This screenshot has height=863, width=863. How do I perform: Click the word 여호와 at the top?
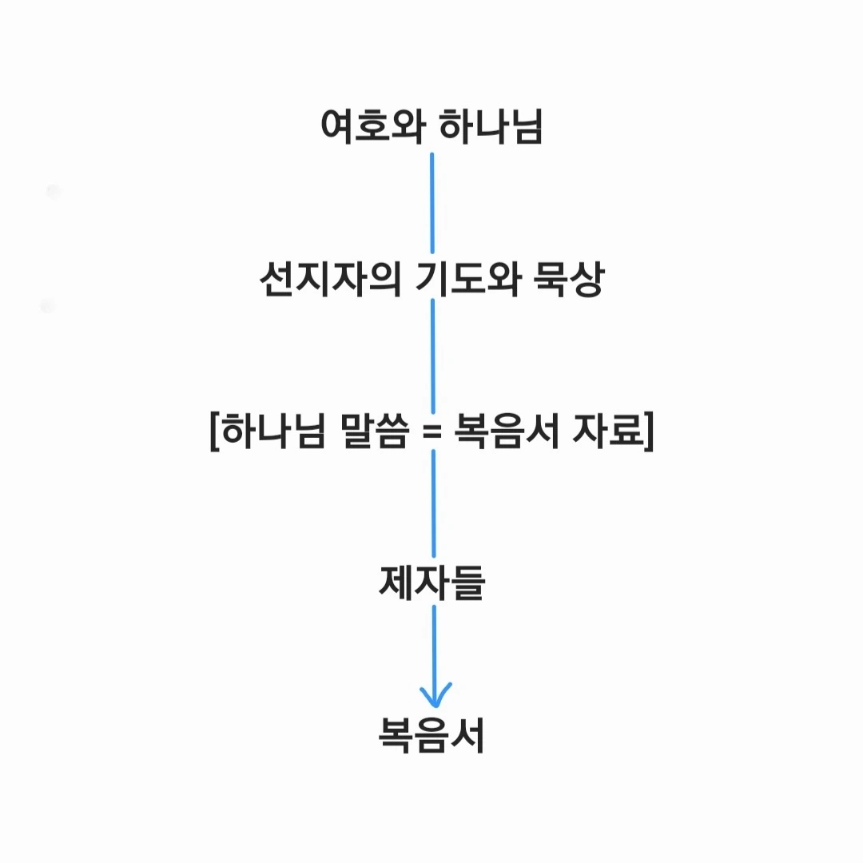pos(370,127)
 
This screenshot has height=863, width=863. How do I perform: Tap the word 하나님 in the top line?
pos(491,127)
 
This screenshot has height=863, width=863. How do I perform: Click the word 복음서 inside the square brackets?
pos(505,432)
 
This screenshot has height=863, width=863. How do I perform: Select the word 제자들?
pos(431,583)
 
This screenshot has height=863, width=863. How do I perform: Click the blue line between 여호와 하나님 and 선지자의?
pos(432,203)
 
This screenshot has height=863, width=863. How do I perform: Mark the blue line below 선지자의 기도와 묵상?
pos(433,356)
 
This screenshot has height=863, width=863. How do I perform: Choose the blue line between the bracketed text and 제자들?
pos(434,503)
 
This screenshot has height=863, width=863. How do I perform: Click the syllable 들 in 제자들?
pos(467,583)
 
